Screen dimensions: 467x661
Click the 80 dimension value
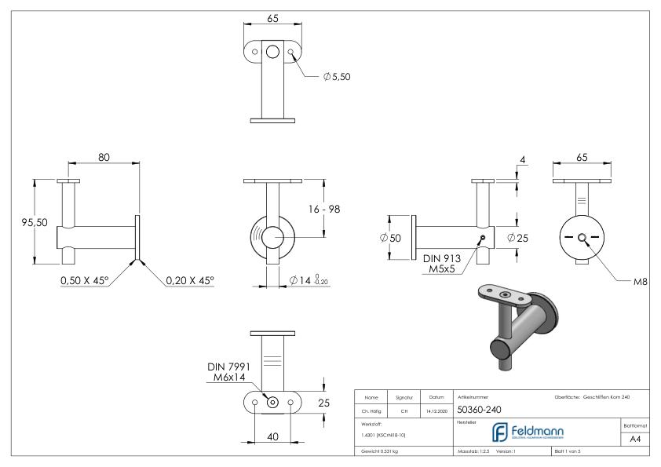pos(104,157)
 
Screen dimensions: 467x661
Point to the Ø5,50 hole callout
pos(335,77)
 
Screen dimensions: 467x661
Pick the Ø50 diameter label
pos(389,239)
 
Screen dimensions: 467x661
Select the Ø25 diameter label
pos(517,239)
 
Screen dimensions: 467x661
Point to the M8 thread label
pos(641,282)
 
